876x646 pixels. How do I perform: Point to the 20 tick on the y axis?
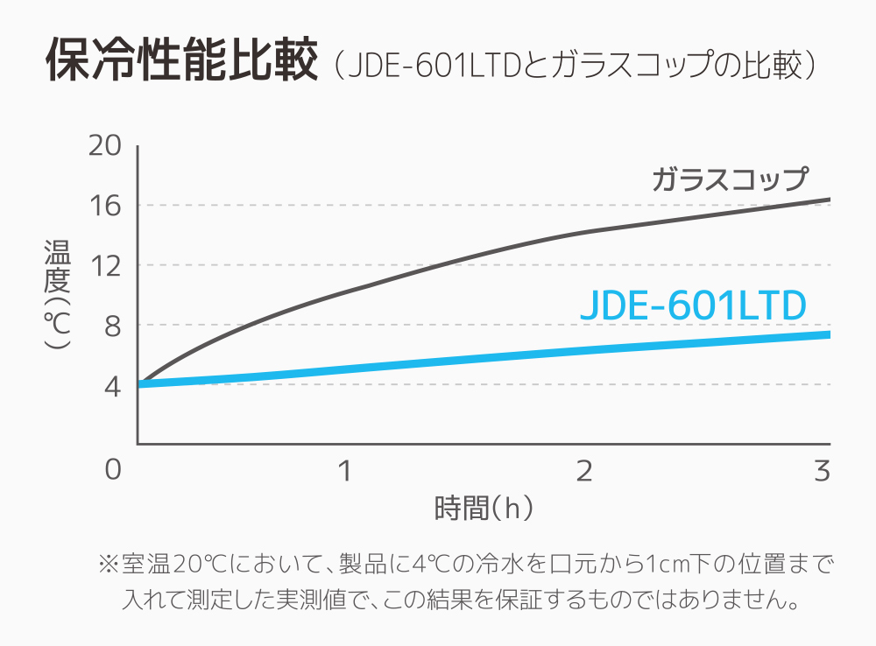(x=104, y=146)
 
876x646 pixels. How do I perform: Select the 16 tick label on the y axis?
(x=104, y=206)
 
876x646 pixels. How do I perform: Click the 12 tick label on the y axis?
(x=104, y=265)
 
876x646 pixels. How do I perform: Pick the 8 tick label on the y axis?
(x=111, y=326)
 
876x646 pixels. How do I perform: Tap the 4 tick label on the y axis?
(x=111, y=385)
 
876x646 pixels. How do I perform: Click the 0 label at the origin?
(x=112, y=470)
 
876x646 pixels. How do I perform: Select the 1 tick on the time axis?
(x=345, y=470)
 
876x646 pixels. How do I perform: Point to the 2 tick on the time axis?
(x=583, y=470)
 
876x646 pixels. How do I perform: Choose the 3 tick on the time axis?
(x=821, y=470)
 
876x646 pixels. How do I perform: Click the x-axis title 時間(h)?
(x=484, y=508)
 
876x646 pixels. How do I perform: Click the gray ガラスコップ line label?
(x=729, y=179)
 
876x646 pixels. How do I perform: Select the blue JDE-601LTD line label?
(x=692, y=305)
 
